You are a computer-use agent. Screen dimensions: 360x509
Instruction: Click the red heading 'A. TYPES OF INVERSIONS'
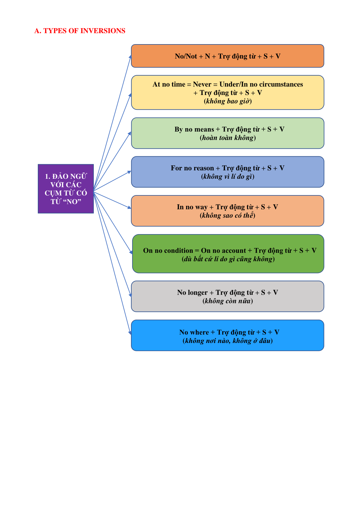coord(80,31)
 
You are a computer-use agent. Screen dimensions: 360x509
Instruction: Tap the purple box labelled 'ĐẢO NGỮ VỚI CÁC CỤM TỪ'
coord(66,189)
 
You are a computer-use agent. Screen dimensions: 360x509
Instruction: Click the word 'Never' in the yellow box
coord(202,84)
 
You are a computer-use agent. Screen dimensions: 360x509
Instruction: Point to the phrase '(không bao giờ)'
coord(227,101)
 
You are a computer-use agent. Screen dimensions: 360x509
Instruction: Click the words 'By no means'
coord(194,129)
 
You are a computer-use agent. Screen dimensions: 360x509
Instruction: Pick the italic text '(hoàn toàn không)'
coord(228,138)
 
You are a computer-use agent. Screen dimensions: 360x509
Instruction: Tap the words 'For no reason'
coord(192,168)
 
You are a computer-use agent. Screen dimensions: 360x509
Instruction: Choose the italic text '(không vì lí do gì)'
coord(227,177)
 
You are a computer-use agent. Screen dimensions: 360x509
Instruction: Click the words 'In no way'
coord(192,207)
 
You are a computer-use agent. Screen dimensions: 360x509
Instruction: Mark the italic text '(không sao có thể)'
coord(227,215)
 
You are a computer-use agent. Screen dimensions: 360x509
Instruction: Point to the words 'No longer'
coord(192,292)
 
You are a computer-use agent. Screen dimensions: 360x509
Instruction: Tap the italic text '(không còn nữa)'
coord(227,301)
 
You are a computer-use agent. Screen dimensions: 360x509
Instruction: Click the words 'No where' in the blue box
coord(194,332)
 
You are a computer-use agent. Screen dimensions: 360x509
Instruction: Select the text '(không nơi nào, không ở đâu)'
coord(227,341)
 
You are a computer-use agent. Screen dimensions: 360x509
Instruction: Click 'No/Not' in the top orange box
coord(186,56)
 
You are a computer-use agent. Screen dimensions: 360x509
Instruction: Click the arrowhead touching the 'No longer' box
coord(130,295)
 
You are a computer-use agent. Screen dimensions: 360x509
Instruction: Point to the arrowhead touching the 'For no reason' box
coord(129,172)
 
